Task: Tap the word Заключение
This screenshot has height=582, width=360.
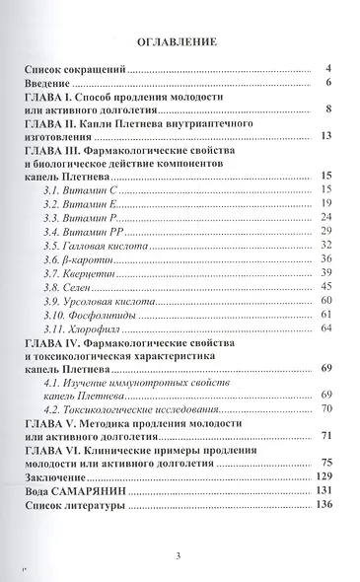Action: click(54, 475)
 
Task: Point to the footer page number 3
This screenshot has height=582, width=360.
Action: click(179, 555)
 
